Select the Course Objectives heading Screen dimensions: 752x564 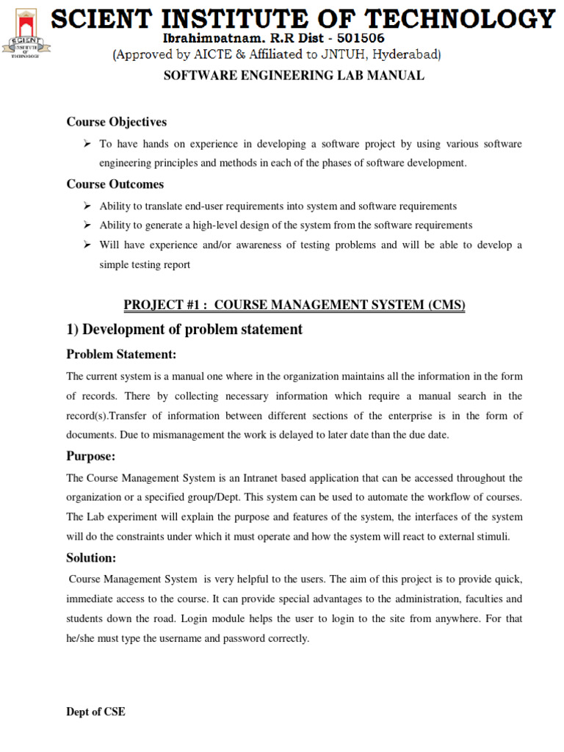pyautogui.click(x=117, y=122)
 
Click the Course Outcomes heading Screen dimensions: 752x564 pyautogui.click(x=115, y=184)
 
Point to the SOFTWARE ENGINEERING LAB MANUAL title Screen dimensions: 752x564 pyautogui.click(x=292, y=76)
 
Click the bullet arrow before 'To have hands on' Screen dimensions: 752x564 pyautogui.click(x=87, y=144)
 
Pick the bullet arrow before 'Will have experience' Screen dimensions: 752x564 pyautogui.click(x=87, y=245)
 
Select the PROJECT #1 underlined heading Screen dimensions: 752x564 pyautogui.click(x=294, y=305)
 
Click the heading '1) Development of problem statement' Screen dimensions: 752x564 pyautogui.click(x=184, y=330)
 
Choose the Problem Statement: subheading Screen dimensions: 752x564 pyautogui.click(x=121, y=355)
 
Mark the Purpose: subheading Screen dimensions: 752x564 pyautogui.click(x=91, y=457)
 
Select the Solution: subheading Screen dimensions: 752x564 pyautogui.click(x=91, y=558)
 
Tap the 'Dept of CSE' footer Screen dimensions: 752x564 pyautogui.click(x=95, y=712)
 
